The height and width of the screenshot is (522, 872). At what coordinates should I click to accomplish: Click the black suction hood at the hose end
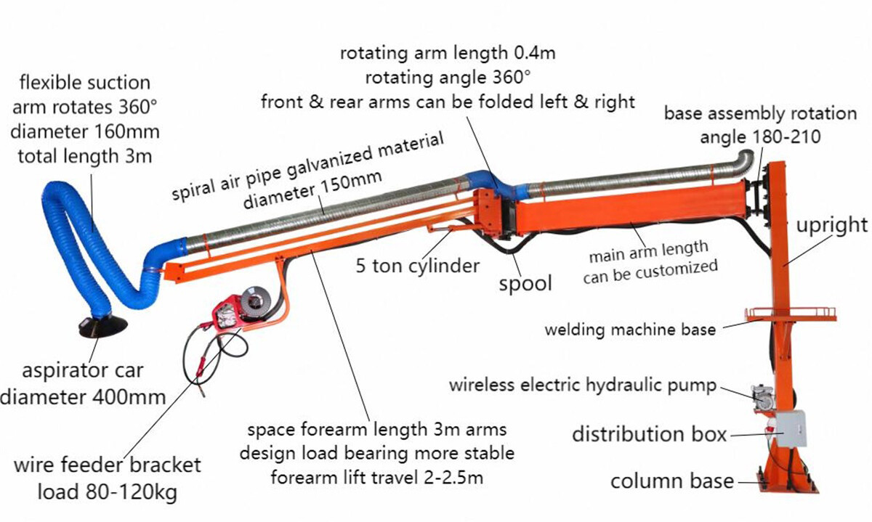pos(102,326)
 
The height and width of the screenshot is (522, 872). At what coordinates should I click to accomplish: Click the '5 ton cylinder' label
pos(418,265)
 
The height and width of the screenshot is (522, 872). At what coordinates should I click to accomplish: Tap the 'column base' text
pos(672,481)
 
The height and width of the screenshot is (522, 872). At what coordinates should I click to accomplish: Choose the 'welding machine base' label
pos(630,329)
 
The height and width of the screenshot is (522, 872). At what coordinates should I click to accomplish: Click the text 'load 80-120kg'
pos(106,493)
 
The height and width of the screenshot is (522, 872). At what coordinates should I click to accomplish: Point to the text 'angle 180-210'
pos(760,136)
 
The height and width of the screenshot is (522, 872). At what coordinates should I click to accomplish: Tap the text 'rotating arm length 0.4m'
pos(448,52)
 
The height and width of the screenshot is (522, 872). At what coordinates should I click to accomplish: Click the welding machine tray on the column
pos(790,314)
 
